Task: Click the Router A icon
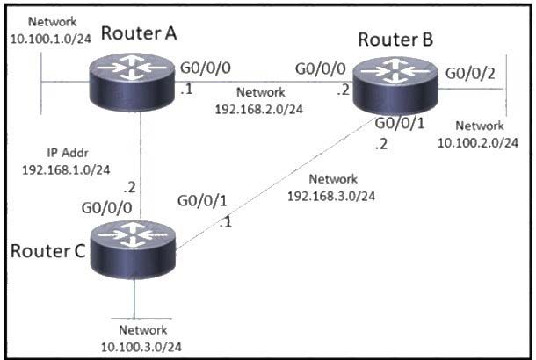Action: point(132,82)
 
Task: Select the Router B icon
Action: point(395,85)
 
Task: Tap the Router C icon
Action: point(133,249)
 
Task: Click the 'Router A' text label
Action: point(139,33)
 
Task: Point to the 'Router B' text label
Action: point(395,40)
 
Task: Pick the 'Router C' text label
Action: point(47,251)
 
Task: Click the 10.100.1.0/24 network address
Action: point(51,39)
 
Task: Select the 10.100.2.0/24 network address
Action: point(478,143)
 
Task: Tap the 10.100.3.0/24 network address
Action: point(141,347)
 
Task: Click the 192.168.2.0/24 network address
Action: point(259,109)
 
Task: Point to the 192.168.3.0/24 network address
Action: point(331,196)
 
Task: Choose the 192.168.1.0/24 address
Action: point(66,169)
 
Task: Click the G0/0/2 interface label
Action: point(470,74)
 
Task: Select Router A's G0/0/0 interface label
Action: point(206,68)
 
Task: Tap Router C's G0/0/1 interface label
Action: point(202,201)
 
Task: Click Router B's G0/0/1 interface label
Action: point(400,123)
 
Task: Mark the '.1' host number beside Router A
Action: point(186,90)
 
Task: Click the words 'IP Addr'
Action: point(68,153)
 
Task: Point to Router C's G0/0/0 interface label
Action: point(106,208)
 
